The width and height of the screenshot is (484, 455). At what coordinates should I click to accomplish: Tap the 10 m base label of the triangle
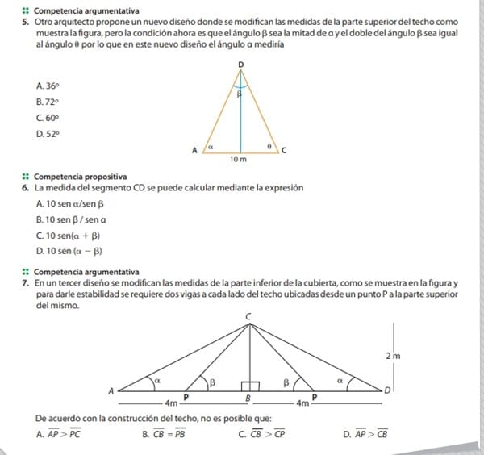pyautogui.click(x=240, y=161)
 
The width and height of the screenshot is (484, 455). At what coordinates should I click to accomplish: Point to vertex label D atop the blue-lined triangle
pyautogui.click(x=240, y=63)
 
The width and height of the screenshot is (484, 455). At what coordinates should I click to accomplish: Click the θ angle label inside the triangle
pyautogui.click(x=269, y=146)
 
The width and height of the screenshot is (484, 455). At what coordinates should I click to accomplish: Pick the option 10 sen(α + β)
pyautogui.click(x=69, y=236)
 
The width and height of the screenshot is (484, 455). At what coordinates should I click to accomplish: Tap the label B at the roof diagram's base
pyautogui.click(x=248, y=399)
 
